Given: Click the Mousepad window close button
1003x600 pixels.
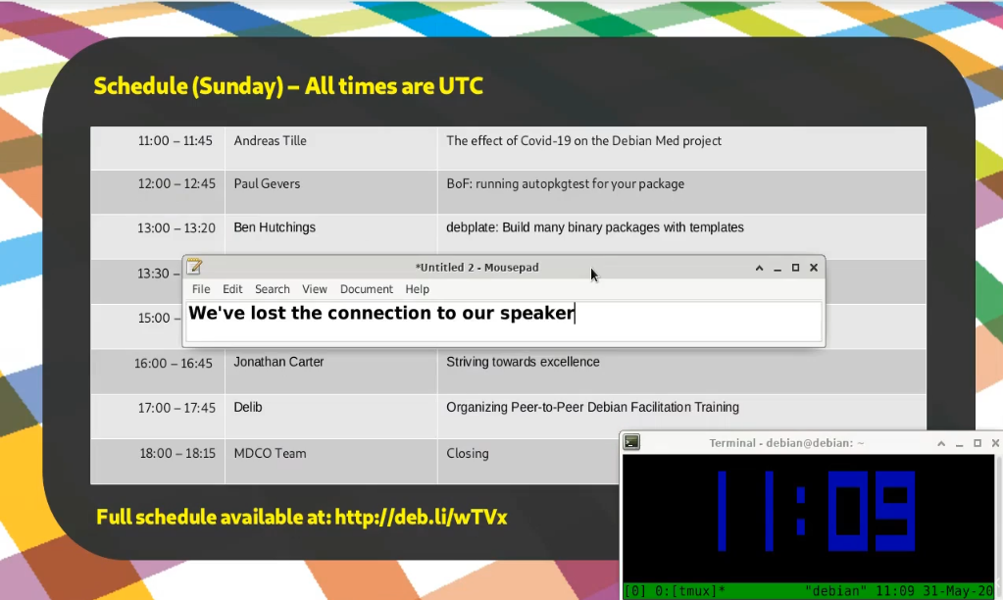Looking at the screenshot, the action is click(x=814, y=268).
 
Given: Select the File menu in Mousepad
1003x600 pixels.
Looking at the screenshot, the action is click(x=201, y=289).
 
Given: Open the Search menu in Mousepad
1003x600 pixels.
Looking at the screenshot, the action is click(x=273, y=289).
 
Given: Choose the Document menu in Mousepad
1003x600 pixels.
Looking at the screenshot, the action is click(x=367, y=289).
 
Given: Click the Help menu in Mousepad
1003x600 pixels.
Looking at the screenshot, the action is click(x=417, y=289).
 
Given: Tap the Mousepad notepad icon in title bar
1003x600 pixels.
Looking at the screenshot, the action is click(x=194, y=266).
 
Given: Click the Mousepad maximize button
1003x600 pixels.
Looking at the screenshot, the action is click(x=796, y=268).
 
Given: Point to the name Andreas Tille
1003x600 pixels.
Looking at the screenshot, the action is click(x=270, y=141).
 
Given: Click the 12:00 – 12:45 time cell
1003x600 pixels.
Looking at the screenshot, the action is click(x=176, y=183).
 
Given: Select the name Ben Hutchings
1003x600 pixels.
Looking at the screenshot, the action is click(x=275, y=227).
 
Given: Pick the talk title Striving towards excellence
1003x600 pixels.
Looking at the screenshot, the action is click(x=523, y=362).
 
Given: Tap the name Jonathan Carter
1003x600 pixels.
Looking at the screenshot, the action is click(x=278, y=362).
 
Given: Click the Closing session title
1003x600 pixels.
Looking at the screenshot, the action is click(x=468, y=454).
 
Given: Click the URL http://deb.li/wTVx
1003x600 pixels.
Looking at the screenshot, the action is click(x=421, y=517).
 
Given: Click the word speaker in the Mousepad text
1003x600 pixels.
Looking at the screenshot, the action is click(x=536, y=314).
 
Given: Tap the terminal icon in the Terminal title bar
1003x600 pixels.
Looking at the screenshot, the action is click(x=632, y=442).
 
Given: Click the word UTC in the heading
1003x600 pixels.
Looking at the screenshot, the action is click(x=461, y=86).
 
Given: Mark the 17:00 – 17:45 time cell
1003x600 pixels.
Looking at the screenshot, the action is click(x=176, y=408).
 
